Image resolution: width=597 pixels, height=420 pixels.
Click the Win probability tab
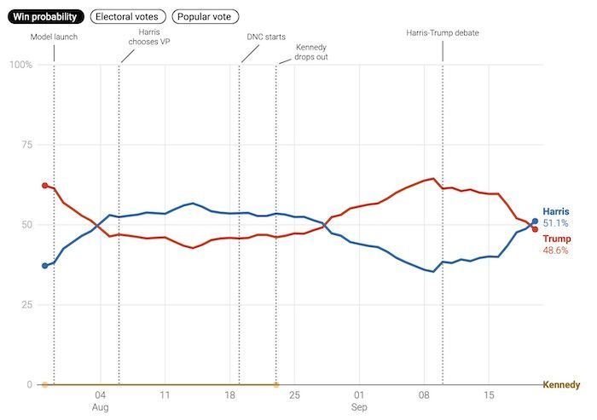click(x=46, y=17)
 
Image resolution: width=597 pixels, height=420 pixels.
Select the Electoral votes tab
click(x=128, y=17)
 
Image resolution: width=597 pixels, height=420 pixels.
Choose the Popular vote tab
click(x=205, y=17)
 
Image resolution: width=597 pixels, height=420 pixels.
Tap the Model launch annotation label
click(x=54, y=37)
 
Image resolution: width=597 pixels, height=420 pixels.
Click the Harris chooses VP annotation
click(x=149, y=37)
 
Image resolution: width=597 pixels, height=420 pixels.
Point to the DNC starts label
click(x=266, y=37)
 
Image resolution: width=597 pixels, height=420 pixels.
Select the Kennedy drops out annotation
click(x=311, y=52)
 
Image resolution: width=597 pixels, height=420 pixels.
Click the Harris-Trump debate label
click(x=443, y=33)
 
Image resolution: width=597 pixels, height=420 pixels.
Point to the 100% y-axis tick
click(x=21, y=65)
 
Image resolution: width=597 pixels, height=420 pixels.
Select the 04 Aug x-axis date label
click(x=100, y=401)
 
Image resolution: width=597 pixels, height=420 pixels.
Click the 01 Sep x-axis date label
click(x=359, y=401)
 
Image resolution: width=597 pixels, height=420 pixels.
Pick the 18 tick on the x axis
click(x=229, y=395)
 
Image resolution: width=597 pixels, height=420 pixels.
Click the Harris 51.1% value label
click(x=556, y=217)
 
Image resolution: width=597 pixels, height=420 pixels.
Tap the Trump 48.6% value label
click(x=557, y=245)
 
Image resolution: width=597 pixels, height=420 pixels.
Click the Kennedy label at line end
click(x=561, y=384)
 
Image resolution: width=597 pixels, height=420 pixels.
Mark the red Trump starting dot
click(x=45, y=186)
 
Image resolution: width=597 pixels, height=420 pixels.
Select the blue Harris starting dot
click(x=45, y=266)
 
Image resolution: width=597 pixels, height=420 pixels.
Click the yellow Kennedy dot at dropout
click(x=276, y=384)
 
